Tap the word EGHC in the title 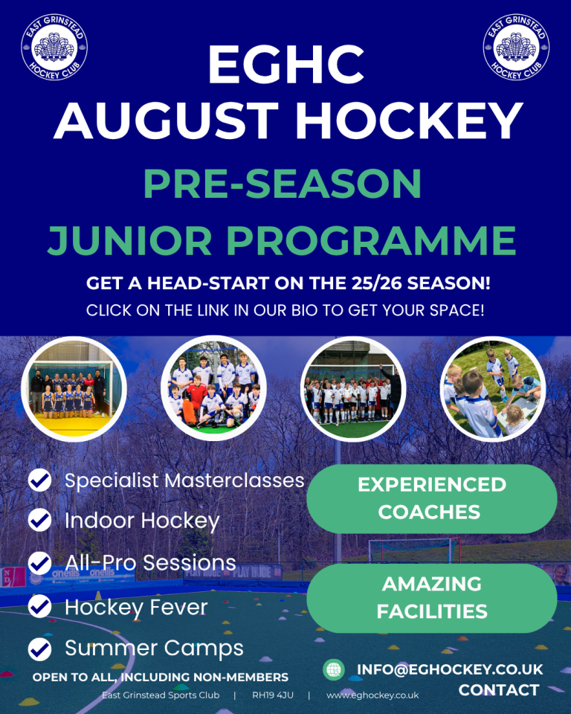[x=286, y=64]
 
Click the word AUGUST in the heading [x=167, y=120]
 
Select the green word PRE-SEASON [x=283, y=184]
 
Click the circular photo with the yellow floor [x=74, y=389]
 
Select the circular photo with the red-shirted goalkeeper [x=213, y=389]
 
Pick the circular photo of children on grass [x=493, y=389]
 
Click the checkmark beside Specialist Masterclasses [x=40, y=480]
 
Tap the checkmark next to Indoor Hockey [x=40, y=520]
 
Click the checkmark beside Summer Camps [x=40, y=649]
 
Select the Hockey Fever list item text [x=136, y=608]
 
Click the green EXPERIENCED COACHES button [x=432, y=498]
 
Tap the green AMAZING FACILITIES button [x=432, y=598]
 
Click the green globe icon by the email [x=334, y=669]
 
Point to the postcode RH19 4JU [x=273, y=695]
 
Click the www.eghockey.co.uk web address [x=372, y=695]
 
